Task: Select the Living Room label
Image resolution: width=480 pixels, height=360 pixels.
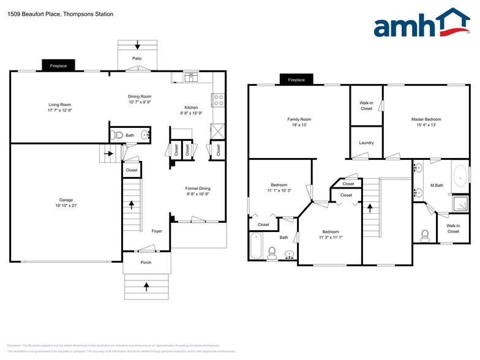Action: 60,105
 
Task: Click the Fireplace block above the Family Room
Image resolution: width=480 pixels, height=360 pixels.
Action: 296,80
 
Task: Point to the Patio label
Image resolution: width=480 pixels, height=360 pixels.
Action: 137,59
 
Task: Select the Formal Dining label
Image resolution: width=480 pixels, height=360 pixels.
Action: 198,188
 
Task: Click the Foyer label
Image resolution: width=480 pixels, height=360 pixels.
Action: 157,231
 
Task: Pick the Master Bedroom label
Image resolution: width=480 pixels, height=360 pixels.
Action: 426,119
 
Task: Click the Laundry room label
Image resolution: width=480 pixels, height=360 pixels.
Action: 366,143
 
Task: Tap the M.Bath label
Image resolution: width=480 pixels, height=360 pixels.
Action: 437,185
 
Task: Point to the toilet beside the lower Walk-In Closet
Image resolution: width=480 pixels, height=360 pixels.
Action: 425,234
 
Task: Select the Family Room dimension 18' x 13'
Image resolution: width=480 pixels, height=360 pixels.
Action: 299,126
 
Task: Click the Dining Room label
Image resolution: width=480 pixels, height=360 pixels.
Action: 140,96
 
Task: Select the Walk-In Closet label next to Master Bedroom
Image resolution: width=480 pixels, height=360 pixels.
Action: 366,105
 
